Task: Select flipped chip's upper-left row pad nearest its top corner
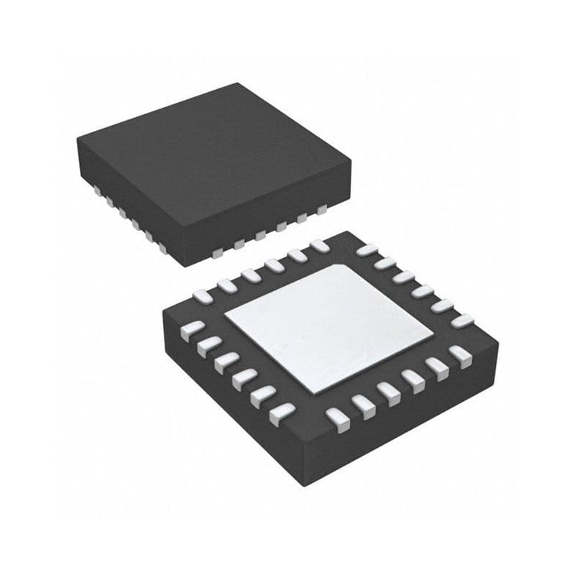click(320, 247)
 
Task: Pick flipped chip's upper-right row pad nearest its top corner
click(367, 251)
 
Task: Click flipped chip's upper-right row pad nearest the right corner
click(461, 321)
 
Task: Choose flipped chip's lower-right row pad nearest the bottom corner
click(336, 417)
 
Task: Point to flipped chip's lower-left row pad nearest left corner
click(191, 329)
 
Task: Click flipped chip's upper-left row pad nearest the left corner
click(204, 295)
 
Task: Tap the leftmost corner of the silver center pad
click(224, 316)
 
